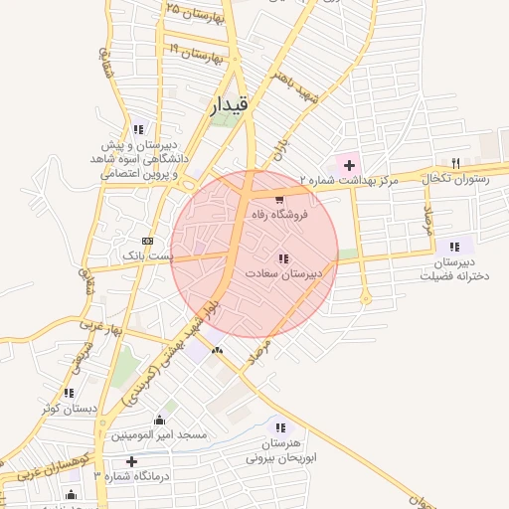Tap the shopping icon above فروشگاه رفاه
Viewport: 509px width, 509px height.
[x=277, y=200]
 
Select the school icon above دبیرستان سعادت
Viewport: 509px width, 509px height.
[x=284, y=259]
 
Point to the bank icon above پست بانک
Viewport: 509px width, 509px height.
[x=147, y=241]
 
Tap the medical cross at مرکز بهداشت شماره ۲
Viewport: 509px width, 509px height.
[x=349, y=164]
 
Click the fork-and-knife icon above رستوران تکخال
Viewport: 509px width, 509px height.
[x=455, y=163]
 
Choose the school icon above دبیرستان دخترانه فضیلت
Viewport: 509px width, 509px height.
[x=454, y=247]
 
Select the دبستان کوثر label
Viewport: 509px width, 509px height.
[x=68, y=408]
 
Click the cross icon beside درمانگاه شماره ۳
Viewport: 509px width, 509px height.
[x=131, y=461]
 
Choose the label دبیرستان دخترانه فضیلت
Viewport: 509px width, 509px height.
[x=455, y=268]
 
